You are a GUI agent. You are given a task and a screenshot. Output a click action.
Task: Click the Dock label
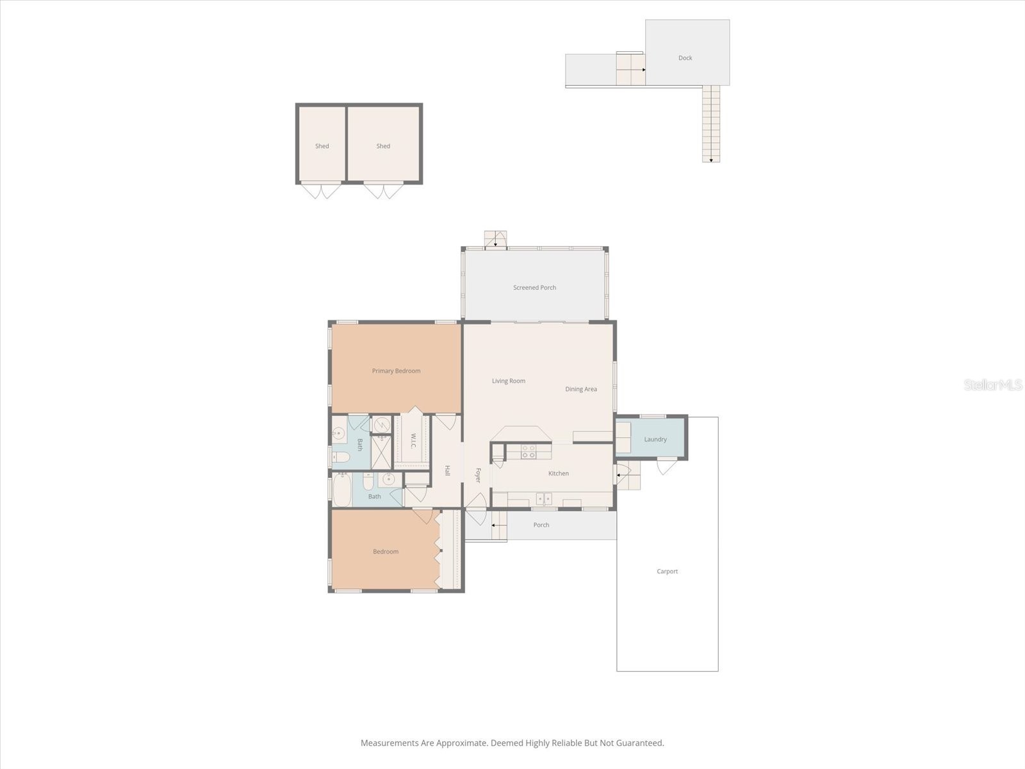pyautogui.click(x=685, y=58)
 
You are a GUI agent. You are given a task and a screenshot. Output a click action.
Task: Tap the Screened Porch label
pyautogui.click(x=534, y=288)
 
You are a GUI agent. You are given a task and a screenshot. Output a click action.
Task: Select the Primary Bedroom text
pyautogui.click(x=396, y=371)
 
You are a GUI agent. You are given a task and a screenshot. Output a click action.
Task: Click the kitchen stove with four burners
pyautogui.click(x=529, y=451)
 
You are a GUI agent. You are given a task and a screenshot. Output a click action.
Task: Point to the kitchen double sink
pyautogui.click(x=544, y=498)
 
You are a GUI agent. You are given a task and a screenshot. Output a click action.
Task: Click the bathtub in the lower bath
pyautogui.click(x=342, y=490)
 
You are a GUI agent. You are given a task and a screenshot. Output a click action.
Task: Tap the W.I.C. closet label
pyautogui.click(x=413, y=441)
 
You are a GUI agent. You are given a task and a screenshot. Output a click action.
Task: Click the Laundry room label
pyautogui.click(x=655, y=440)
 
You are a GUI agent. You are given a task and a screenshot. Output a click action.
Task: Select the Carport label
pyautogui.click(x=667, y=572)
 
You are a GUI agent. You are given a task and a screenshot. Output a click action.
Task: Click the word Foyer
pyautogui.click(x=478, y=475)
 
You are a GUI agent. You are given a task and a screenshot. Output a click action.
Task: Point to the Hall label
pyautogui.click(x=447, y=470)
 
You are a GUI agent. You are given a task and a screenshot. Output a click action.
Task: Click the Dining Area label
pyautogui.click(x=580, y=390)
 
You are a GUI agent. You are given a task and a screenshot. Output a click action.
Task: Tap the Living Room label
pyautogui.click(x=508, y=381)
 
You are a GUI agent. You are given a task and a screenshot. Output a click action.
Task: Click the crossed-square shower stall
pyautogui.click(x=381, y=452)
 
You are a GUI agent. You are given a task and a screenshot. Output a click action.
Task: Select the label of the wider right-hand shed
pyautogui.click(x=383, y=146)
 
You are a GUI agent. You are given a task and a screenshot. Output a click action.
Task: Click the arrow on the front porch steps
pyautogui.click(x=495, y=525)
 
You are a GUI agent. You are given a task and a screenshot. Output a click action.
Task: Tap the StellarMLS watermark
pyautogui.click(x=993, y=385)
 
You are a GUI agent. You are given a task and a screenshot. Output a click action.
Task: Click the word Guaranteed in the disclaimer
pyautogui.click(x=639, y=743)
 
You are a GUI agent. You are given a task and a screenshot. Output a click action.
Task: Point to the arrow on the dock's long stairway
pyautogui.click(x=711, y=160)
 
